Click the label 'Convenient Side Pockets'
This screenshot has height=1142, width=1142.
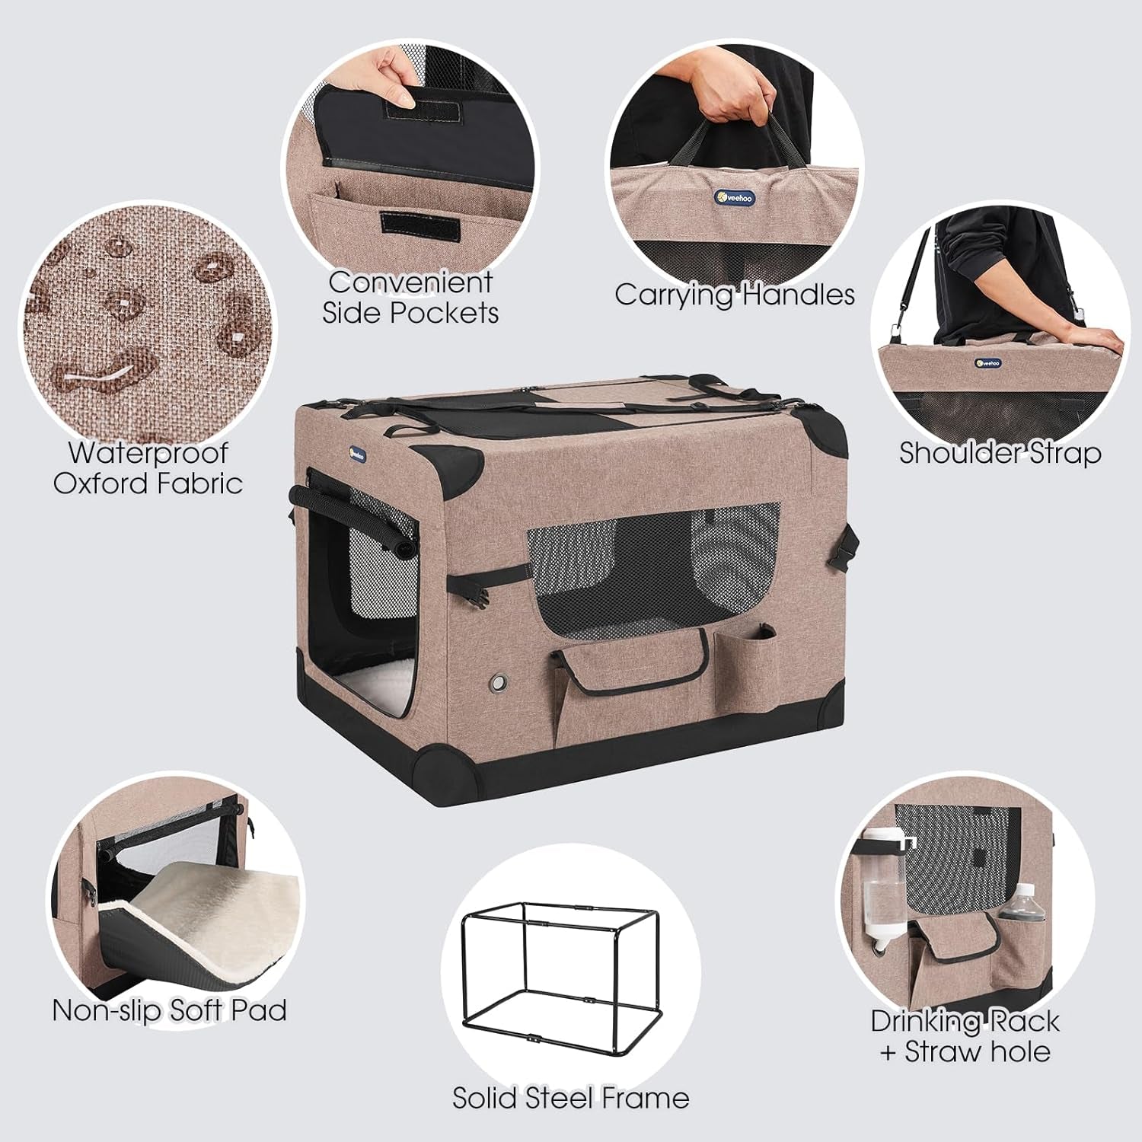coord(410,298)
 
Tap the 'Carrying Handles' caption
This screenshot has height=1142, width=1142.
coord(735,295)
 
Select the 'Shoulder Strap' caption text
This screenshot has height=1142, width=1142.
coord(1000,453)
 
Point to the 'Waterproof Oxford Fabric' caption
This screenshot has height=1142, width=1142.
coord(148,467)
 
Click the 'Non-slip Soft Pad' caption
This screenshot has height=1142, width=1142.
coord(169,1010)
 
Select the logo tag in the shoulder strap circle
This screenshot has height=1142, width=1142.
coord(987,362)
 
